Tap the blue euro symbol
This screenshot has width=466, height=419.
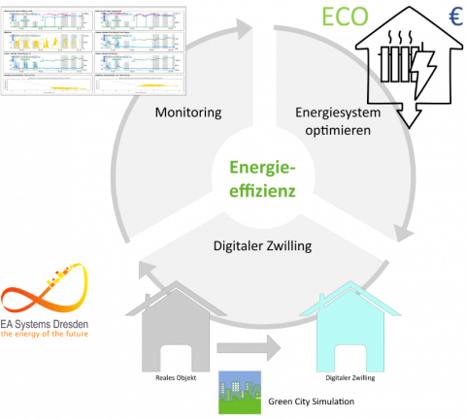[454, 17]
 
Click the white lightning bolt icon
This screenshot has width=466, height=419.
[424, 75]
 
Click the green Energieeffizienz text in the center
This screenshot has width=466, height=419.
[254, 178]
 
